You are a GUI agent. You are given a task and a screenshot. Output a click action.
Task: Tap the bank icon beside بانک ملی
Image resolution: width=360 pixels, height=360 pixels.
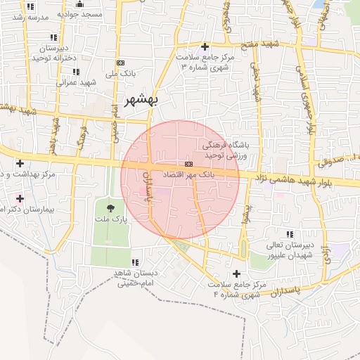(120, 63)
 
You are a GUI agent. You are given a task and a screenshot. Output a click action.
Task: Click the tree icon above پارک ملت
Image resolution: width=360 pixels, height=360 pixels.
(111, 207)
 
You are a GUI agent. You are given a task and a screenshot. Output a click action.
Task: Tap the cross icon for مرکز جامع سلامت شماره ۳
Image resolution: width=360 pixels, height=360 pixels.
(205, 47)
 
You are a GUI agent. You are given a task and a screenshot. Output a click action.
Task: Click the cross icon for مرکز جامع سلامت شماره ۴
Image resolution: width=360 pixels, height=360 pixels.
(236, 274)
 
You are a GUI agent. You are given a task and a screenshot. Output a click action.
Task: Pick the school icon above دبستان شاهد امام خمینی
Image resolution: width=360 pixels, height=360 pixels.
(135, 262)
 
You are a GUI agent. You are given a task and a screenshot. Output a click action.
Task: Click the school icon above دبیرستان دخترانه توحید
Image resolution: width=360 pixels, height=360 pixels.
(53, 37)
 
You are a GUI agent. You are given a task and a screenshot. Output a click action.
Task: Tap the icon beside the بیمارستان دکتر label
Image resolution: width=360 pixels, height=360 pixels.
(20, 198)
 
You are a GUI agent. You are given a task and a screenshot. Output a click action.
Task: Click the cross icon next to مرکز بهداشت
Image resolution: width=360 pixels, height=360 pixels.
(20, 163)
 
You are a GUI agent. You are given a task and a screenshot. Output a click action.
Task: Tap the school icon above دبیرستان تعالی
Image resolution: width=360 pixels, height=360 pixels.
(290, 234)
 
